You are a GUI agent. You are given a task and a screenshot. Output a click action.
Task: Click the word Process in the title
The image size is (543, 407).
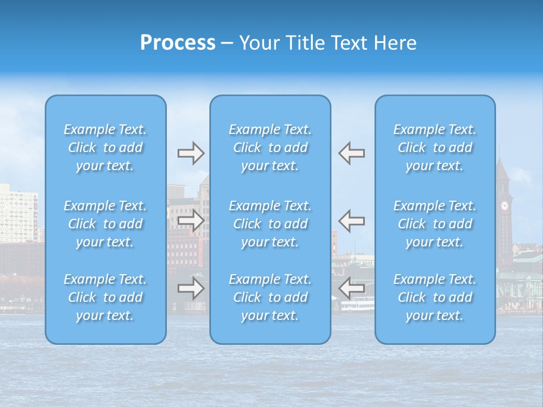click(x=178, y=43)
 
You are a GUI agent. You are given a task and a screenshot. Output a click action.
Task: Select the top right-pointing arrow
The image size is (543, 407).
click(x=191, y=153)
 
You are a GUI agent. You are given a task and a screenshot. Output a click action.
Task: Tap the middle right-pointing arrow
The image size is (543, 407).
click(x=191, y=220)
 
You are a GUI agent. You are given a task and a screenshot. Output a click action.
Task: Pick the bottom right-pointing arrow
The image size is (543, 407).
click(x=191, y=288)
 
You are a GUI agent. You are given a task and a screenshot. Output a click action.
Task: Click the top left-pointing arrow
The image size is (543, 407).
click(x=351, y=153)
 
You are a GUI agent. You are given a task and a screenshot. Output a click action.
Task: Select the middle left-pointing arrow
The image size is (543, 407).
click(x=351, y=220)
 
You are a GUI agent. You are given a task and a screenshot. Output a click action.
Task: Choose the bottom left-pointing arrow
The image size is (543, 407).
click(x=351, y=288)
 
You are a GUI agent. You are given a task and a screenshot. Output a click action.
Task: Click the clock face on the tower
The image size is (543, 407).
click(x=505, y=206)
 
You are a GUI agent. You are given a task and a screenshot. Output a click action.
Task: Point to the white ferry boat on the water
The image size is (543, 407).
click(x=357, y=306)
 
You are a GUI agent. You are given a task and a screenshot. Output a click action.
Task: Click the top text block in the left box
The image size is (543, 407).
click(x=105, y=148)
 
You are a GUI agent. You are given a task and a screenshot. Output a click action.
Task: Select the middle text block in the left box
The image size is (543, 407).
click(x=105, y=224)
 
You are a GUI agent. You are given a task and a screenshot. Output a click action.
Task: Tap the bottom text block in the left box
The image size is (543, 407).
click(x=105, y=297)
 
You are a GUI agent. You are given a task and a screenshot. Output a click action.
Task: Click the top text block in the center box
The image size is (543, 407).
click(x=270, y=148)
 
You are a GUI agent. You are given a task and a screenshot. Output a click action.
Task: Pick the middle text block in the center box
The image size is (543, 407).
click(x=270, y=224)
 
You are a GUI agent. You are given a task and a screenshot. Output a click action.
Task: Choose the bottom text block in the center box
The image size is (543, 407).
click(x=270, y=297)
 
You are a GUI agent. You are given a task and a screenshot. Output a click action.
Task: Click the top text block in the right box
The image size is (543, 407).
click(x=435, y=148)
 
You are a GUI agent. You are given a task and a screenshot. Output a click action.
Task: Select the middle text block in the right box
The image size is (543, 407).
click(x=435, y=224)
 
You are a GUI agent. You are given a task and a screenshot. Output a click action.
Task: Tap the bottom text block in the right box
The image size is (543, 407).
click(x=435, y=297)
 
